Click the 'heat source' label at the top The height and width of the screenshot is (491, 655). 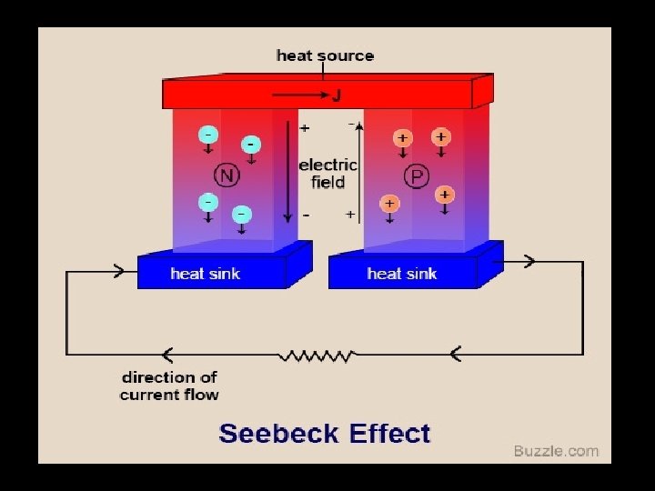[325, 55]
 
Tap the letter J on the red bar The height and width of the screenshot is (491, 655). [335, 95]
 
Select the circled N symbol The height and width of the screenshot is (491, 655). [226, 175]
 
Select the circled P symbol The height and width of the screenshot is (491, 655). [417, 175]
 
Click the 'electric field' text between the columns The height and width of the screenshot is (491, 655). [327, 173]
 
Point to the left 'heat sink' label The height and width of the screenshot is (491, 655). [206, 273]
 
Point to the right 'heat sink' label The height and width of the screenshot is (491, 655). [402, 273]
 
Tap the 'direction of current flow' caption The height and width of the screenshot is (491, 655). [169, 386]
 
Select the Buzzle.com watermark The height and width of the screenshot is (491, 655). [556, 451]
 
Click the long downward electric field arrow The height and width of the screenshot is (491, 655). [288, 173]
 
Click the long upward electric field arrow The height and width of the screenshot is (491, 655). [360, 173]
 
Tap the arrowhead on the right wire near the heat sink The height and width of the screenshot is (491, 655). [527, 262]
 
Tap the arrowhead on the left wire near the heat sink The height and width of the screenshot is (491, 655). [118, 269]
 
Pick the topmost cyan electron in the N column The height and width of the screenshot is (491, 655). [209, 135]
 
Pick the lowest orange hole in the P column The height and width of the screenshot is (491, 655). [389, 204]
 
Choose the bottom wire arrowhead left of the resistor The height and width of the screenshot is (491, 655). [166, 354]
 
